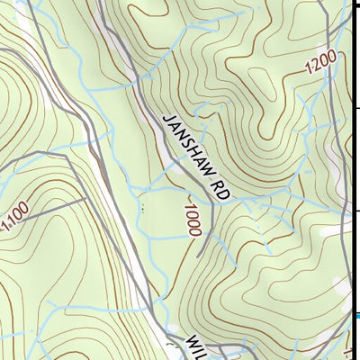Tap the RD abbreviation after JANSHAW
[218, 190]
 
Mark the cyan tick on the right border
[356, 315]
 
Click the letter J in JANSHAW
[167, 120]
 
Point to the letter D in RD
[221, 195]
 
